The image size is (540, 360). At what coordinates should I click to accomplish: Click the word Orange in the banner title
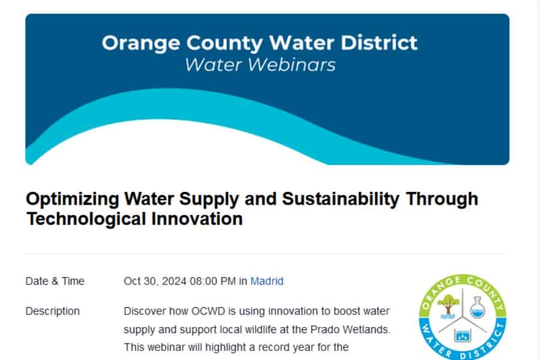coord(141,44)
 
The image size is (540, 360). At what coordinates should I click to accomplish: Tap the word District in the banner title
coord(379,43)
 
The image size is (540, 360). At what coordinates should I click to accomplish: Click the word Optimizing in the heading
coord(73,199)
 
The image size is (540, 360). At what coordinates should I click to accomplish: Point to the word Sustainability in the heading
coord(341,199)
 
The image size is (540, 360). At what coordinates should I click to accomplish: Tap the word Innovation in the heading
coord(197,219)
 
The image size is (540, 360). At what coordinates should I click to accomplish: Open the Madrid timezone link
coord(267,281)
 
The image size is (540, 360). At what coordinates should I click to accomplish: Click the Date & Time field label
coord(55,281)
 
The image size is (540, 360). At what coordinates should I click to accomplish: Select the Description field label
coord(53,311)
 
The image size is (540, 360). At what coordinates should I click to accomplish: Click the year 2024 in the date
coord(174,281)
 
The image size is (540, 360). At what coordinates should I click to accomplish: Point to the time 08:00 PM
coord(213,281)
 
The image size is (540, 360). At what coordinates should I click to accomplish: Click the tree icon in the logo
coord(448,305)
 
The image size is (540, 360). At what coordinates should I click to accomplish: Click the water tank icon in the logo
coord(463,335)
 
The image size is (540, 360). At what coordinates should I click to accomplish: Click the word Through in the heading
coord(442,199)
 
